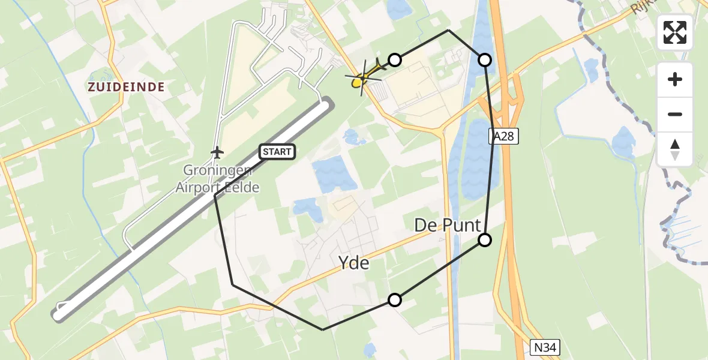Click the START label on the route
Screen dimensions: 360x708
pos(277,152)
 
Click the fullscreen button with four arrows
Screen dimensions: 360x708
pos(675,32)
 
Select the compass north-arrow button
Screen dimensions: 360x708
pos(675,149)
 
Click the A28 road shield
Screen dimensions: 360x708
pos(503,137)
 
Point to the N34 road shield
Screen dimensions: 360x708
pos(545,347)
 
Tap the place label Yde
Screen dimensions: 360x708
pos(353,263)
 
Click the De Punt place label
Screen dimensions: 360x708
pos(448,226)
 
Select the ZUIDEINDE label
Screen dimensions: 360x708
pos(126,87)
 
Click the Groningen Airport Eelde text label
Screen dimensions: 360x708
pos(217,179)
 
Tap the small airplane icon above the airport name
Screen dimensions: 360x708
pos(217,152)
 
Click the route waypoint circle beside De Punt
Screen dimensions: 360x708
pos(485,240)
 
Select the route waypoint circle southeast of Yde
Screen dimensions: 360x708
pos(394,300)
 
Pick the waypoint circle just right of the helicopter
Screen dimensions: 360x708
pos(394,59)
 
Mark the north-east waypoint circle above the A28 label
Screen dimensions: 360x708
pos(485,59)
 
